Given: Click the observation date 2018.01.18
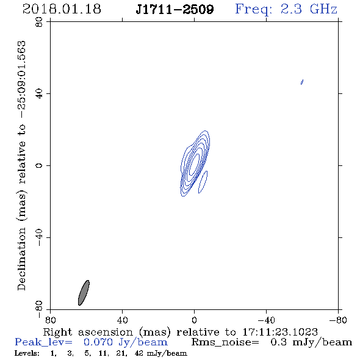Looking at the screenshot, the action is pyautogui.click(x=62, y=9).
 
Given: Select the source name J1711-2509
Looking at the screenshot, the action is pyautogui.click(x=175, y=9).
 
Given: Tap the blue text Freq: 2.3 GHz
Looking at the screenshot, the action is pyautogui.click(x=286, y=9).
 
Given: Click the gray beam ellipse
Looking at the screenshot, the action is pyautogui.click(x=84, y=293).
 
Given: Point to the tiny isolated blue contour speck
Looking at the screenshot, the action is pyautogui.click(x=302, y=82).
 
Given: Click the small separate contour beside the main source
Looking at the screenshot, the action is pyautogui.click(x=203, y=182).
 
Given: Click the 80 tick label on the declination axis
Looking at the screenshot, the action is pyautogui.click(x=39, y=22).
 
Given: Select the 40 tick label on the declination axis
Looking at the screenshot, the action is pyautogui.click(x=39, y=94).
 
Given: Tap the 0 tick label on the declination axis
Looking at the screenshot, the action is pyautogui.click(x=39, y=165).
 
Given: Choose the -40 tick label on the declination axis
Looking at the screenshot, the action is pyautogui.click(x=39, y=237).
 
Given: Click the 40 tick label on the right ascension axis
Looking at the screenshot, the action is pyautogui.click(x=122, y=320).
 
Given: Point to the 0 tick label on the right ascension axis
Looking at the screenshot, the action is pyautogui.click(x=194, y=320).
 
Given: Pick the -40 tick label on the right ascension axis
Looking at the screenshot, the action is pyautogui.click(x=266, y=320).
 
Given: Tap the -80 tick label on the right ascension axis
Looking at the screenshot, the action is pyautogui.click(x=338, y=320).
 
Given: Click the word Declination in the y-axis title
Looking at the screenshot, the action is pyautogui.click(x=21, y=259).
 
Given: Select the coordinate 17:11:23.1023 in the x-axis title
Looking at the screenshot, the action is pyautogui.click(x=280, y=332).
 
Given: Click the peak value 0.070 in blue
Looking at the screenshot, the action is pyautogui.click(x=98, y=342).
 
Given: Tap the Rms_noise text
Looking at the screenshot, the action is pyautogui.click(x=225, y=342).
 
